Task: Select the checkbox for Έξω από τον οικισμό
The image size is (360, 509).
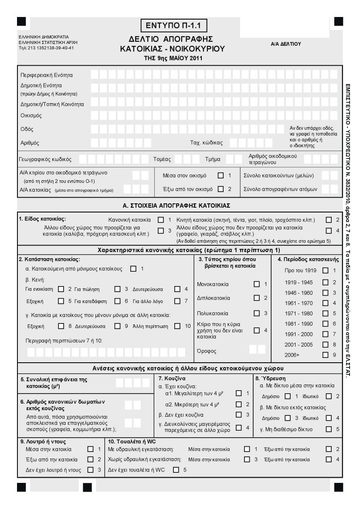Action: click(221, 189)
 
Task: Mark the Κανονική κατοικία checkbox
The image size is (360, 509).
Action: click(161, 219)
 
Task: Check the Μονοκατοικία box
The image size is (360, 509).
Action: click(257, 284)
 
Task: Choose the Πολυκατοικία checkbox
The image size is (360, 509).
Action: click(257, 313)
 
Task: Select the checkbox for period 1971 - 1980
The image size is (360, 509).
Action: click(325, 313)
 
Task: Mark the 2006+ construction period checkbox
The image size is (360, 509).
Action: click(325, 355)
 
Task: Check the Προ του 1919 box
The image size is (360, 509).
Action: click(325, 271)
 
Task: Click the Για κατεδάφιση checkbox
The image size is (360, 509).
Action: click(117, 300)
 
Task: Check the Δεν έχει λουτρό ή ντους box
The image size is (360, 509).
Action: click(90, 469)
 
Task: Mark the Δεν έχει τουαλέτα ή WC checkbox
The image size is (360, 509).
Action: click(176, 469)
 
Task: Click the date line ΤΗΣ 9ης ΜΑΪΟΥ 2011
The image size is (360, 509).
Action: click(173, 57)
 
